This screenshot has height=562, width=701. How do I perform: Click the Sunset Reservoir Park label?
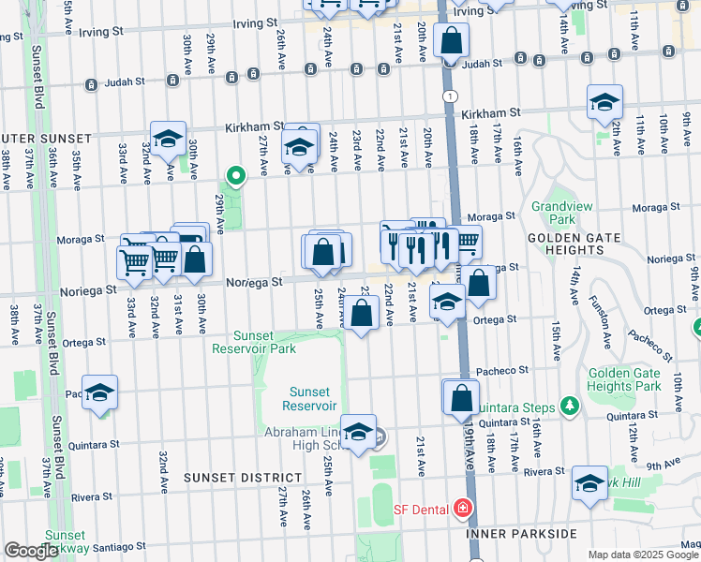[x=265, y=341]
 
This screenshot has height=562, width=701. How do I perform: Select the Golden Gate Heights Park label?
[x=624, y=379]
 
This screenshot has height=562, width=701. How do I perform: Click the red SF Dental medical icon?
[x=462, y=509]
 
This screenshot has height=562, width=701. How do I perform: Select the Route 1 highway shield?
[x=451, y=97]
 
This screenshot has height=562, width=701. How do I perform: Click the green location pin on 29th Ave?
[x=237, y=175]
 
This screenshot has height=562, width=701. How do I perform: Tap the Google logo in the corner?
[x=32, y=551]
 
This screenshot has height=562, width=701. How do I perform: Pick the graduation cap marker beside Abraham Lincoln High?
[x=358, y=433]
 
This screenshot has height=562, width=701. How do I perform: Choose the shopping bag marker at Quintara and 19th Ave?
[x=462, y=397]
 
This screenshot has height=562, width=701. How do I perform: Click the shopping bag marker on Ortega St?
[x=362, y=314]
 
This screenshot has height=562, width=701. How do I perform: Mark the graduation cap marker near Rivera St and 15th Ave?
[x=589, y=483]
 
